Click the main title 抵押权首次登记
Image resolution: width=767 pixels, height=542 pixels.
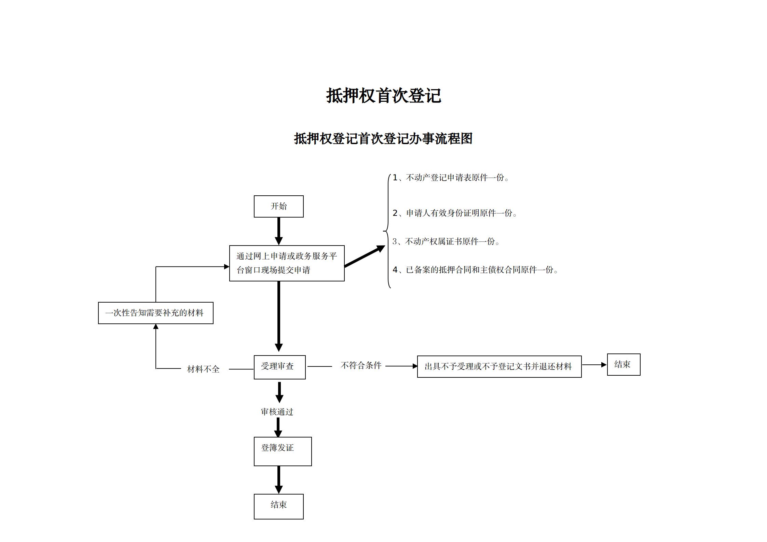pyautogui.click(x=383, y=96)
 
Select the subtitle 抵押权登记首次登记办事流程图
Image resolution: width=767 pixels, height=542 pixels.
pyautogui.click(x=383, y=139)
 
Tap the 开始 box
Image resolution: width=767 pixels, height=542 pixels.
pyautogui.click(x=278, y=206)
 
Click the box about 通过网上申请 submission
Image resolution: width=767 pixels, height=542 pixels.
pyautogui.click(x=287, y=263)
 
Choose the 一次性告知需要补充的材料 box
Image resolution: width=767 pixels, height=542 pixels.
pyautogui.click(x=155, y=313)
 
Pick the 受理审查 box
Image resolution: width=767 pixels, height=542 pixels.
pyautogui.click(x=279, y=367)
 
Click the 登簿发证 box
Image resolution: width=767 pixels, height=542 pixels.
pyautogui.click(x=283, y=451)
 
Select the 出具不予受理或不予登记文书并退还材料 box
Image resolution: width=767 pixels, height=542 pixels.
pyautogui.click(x=499, y=366)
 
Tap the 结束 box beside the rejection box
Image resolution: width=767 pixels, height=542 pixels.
pyautogui.click(x=623, y=364)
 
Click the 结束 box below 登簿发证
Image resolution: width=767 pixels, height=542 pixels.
pyautogui.click(x=278, y=506)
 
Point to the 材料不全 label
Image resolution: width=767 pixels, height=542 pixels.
pyautogui.click(x=203, y=369)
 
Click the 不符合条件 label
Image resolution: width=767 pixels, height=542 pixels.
pyautogui.click(x=361, y=365)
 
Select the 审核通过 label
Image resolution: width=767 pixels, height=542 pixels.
pyautogui.click(x=277, y=412)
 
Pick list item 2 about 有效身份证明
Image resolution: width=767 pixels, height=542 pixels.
pyautogui.click(x=455, y=213)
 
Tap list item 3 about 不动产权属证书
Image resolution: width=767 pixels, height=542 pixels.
pyautogui.click(x=446, y=241)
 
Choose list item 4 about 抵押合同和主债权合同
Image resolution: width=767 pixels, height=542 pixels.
pyautogui.click(x=475, y=270)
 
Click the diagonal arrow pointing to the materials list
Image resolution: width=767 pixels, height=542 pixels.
pyautogui.click(x=364, y=256)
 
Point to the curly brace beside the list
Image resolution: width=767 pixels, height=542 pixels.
pyautogui.click(x=388, y=232)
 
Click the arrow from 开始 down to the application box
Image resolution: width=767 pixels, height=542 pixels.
pyautogui.click(x=279, y=231)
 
